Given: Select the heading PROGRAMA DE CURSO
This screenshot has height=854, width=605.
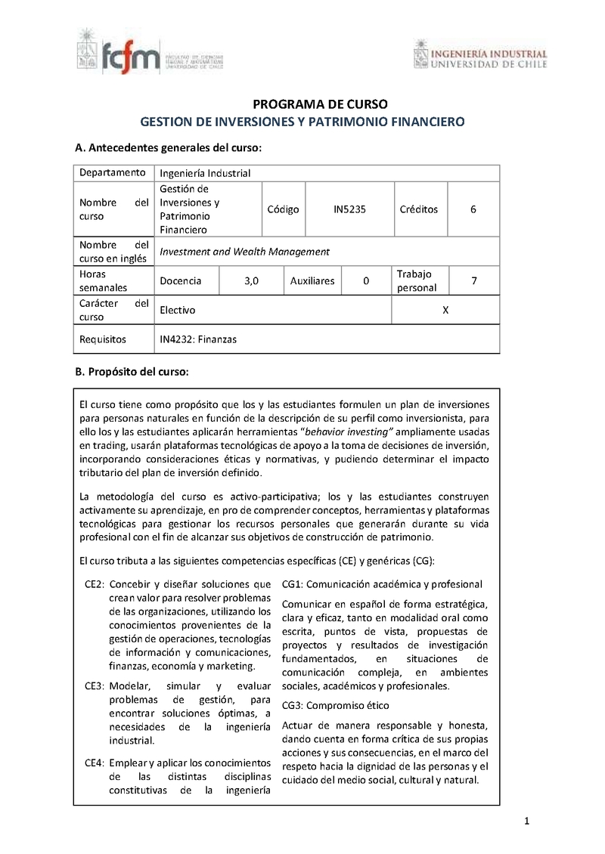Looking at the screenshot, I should click(302, 104).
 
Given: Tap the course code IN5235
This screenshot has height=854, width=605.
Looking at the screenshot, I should click(349, 209).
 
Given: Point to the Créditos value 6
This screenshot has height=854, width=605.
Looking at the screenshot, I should click(473, 209).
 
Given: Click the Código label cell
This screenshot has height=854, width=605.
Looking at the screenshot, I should click(284, 209).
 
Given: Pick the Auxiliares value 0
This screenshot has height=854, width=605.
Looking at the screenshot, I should click(366, 280).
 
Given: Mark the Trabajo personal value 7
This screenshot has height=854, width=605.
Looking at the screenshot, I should click(473, 280).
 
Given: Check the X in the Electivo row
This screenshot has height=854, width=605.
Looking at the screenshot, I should click(445, 310).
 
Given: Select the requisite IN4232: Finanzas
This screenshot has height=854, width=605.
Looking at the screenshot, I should click(198, 339).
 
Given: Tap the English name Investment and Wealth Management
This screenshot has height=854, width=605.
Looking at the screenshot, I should click(245, 252).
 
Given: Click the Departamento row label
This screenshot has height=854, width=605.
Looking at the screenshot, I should click(112, 172).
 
